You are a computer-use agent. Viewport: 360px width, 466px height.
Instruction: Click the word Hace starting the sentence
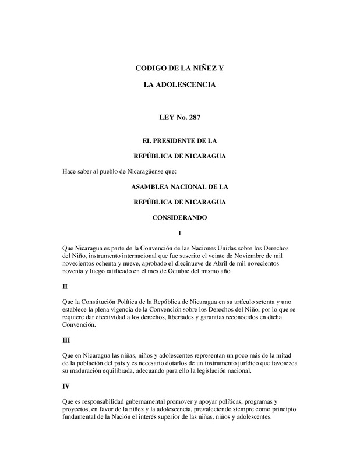[x=69, y=171]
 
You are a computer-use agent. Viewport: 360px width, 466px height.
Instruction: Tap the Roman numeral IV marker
[x=66, y=386]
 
